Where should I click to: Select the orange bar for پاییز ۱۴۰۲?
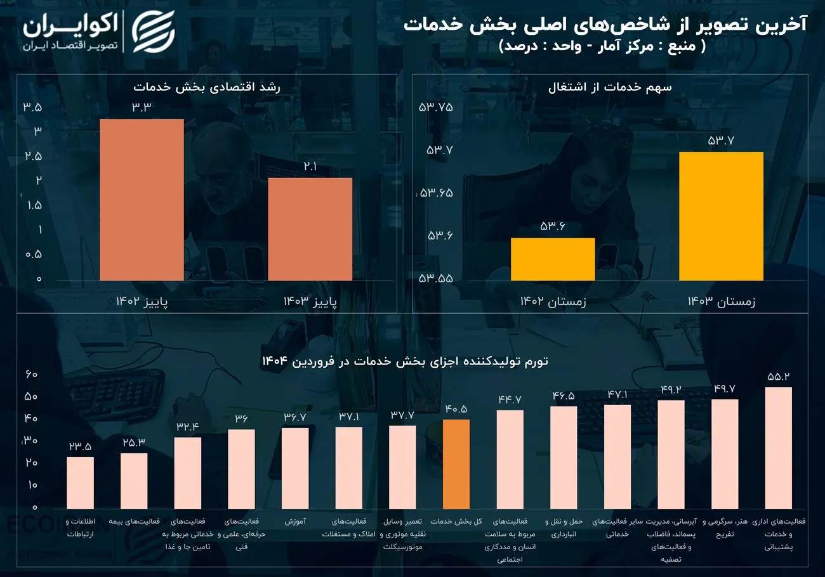(142, 200)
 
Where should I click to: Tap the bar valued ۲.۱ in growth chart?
(310, 229)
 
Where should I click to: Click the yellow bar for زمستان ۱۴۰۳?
(721, 216)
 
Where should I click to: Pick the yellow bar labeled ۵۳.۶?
(552, 259)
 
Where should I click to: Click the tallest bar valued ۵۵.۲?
(778, 448)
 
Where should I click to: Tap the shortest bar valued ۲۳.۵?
(80, 483)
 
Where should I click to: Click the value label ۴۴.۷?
(509, 399)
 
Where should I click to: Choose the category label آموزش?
(295, 522)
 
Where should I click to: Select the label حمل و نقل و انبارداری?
(563, 528)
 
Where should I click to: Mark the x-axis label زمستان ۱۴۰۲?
(553, 302)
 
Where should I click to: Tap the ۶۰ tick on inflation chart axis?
(31, 374)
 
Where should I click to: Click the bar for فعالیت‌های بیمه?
(134, 481)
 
